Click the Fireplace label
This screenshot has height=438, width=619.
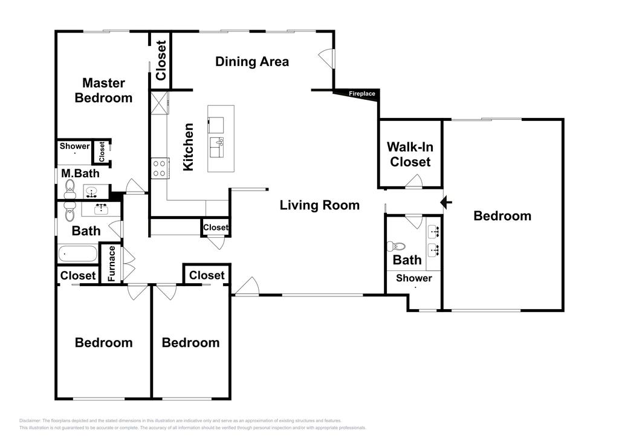[x=361, y=94]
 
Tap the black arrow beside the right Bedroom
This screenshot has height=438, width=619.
[x=446, y=203]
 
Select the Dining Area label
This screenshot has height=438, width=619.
[x=252, y=62]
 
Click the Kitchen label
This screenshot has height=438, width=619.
[x=189, y=147]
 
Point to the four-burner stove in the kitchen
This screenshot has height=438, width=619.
[x=160, y=168]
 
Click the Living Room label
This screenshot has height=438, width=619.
[x=319, y=205]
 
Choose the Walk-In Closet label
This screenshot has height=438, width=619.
[x=410, y=154]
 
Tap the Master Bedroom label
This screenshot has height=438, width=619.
[x=103, y=91]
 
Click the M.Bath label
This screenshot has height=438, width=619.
[x=80, y=174]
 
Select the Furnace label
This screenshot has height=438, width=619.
[x=111, y=263]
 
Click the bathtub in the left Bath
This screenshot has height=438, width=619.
[x=78, y=253]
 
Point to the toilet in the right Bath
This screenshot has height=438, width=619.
[x=397, y=246]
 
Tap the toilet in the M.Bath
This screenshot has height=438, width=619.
[x=70, y=189]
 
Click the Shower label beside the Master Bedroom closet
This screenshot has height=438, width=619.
[x=74, y=146]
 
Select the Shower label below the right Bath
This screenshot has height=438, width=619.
[x=413, y=278]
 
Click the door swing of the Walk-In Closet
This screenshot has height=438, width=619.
[x=414, y=181]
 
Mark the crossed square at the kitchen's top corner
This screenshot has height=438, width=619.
[x=159, y=103]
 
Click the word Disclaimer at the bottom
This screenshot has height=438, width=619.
[x=30, y=420]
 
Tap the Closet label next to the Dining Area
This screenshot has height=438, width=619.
[x=161, y=60]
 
